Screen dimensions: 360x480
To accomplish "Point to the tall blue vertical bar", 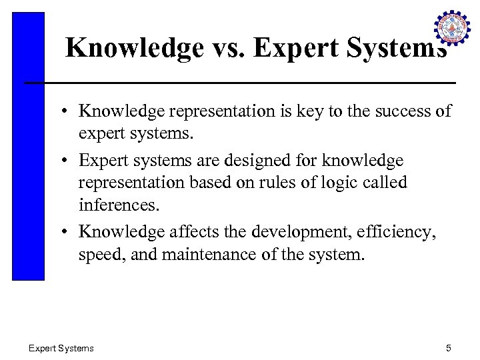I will (28, 147).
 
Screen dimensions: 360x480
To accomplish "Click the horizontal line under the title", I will (240, 83).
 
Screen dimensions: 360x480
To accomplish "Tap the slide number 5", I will (449, 348).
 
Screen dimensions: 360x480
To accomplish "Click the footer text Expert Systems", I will (61, 348).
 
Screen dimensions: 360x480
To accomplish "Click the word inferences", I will (119, 205).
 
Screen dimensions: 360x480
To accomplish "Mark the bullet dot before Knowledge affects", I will (69, 232).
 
